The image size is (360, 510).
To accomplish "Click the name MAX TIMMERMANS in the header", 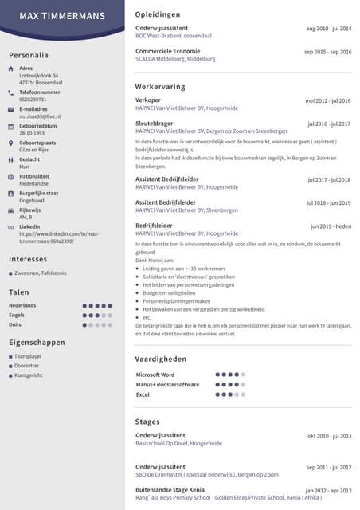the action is tap(62, 16).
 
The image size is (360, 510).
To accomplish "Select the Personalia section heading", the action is tap(29, 55).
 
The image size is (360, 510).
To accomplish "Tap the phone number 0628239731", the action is tap(33, 100).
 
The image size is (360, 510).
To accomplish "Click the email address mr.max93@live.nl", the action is tap(40, 116).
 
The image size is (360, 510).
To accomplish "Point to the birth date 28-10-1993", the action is tap(33, 133).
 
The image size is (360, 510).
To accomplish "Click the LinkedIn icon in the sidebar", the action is tap(10, 227).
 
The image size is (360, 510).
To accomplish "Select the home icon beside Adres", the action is tap(10, 69).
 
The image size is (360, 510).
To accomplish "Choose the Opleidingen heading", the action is tap(158, 14).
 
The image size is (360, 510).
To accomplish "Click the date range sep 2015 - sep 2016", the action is tap(327, 52).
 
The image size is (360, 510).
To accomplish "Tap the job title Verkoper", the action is tap(148, 100).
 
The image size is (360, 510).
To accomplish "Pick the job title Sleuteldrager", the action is tap(154, 124).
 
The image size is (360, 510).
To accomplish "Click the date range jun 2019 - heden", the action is tap(331, 226).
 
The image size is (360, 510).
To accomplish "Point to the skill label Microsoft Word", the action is tap(155, 375).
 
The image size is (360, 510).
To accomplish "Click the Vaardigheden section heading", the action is tap(161, 359).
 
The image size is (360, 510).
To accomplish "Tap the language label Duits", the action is tap(15, 324).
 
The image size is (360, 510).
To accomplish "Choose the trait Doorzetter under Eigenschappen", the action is tap(27, 365).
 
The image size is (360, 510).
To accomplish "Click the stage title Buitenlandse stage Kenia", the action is tap(170, 489).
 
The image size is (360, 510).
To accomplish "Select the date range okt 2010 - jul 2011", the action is tap(329, 436).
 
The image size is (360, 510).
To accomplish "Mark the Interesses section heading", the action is tap(28, 259).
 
